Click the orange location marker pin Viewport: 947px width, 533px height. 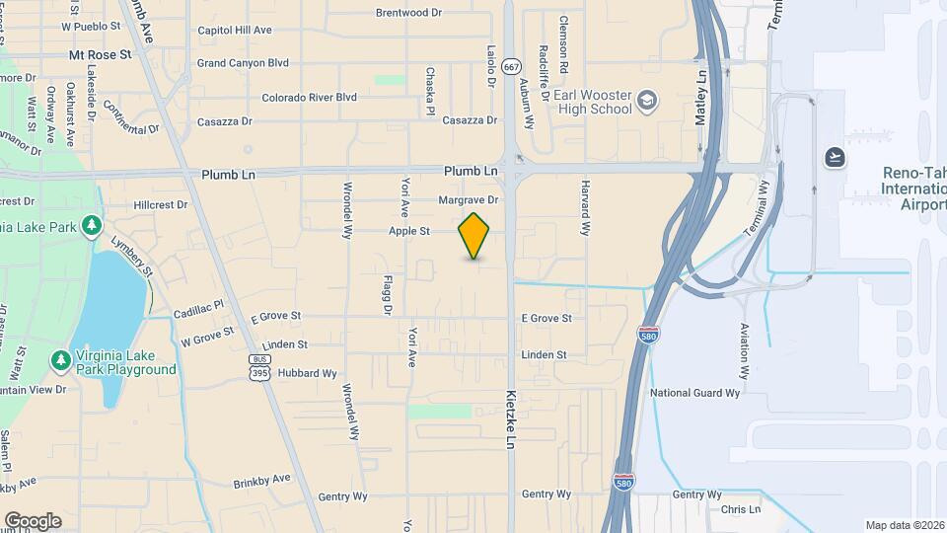coord(474,235)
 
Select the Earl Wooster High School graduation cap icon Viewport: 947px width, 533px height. coord(647,100)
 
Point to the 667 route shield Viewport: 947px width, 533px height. coord(510,66)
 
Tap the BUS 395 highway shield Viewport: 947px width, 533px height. coord(259,366)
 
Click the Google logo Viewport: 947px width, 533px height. coord(33,520)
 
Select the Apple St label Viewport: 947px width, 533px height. coord(409,232)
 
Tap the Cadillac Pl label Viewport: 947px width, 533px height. coord(199,311)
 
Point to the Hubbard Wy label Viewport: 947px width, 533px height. coord(309,373)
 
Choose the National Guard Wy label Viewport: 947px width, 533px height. coord(694,393)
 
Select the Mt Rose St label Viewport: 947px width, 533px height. coord(100,55)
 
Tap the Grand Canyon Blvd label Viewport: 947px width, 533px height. coord(243,63)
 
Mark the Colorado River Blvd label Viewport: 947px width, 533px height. coord(309,98)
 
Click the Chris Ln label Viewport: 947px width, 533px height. coord(741,510)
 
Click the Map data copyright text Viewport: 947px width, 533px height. coord(904,525)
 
